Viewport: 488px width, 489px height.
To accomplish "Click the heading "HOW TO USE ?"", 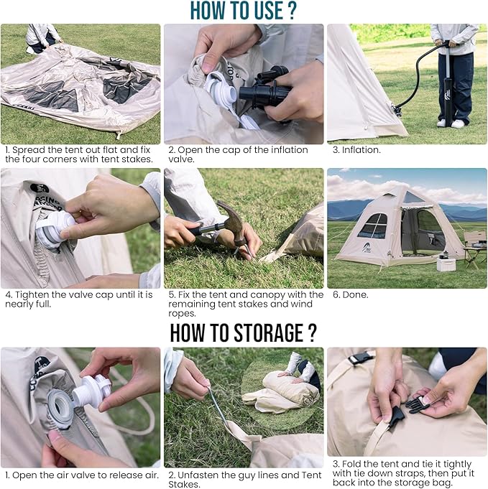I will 243,11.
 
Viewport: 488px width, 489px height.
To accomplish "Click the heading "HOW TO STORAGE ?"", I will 243,333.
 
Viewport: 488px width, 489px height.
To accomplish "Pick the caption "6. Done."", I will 351,294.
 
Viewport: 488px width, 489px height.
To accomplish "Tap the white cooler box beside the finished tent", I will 446,263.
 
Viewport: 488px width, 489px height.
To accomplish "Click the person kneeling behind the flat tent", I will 42,37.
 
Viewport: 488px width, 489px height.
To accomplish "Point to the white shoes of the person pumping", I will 451,124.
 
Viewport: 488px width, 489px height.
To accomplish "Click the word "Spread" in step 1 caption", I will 27,150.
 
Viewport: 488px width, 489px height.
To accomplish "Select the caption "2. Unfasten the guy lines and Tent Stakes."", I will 243,480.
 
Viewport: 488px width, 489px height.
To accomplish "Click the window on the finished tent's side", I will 372,227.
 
